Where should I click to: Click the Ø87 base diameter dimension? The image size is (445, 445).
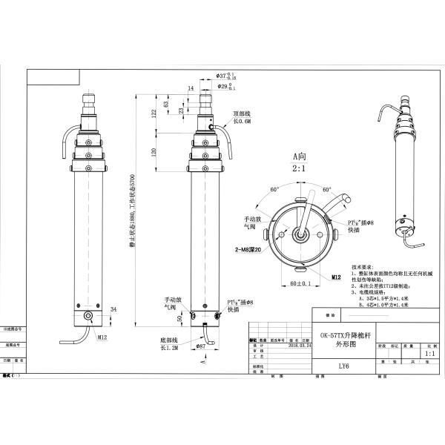200,346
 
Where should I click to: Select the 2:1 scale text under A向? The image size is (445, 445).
299,168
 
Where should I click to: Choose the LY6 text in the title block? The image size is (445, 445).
343,364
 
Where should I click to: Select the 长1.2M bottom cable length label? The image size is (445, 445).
171,346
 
